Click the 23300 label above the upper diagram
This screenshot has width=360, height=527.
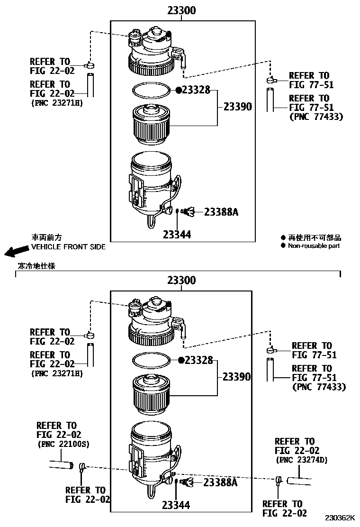[x=182, y=11]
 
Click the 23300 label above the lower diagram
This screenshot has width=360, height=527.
[x=182, y=280]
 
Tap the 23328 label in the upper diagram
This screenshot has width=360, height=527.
[x=196, y=90]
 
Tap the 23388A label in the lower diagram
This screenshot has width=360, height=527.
[x=220, y=482]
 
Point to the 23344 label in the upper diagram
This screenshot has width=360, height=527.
[x=177, y=234]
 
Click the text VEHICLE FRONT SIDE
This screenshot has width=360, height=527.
[x=68, y=247]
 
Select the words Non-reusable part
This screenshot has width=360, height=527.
[x=314, y=245]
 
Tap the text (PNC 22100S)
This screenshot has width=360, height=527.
[x=63, y=444]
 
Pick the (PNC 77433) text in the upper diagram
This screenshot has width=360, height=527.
[x=316, y=117]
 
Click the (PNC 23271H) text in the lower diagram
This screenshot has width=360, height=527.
[x=57, y=373]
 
